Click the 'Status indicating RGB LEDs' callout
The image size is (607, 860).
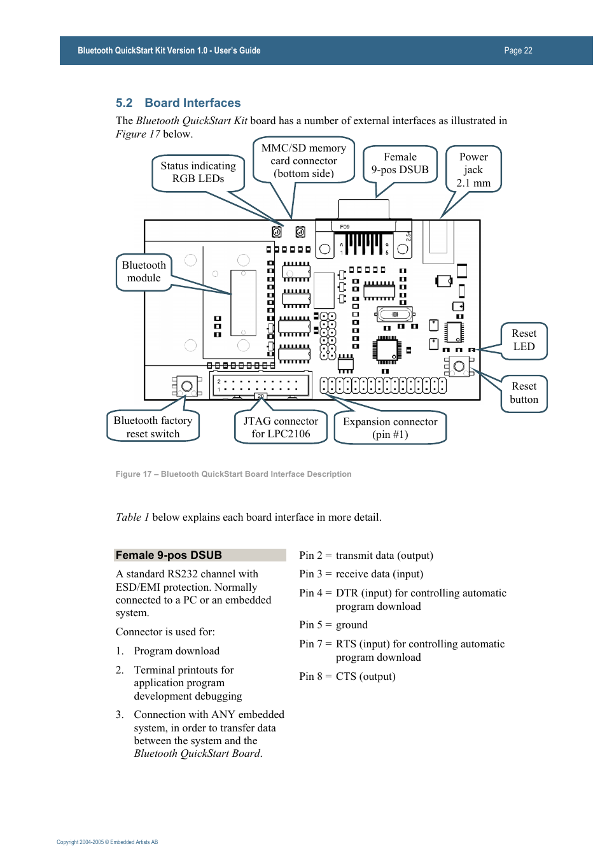(198, 173)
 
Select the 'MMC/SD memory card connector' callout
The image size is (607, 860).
(303, 160)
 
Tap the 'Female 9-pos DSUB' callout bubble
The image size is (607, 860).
(400, 164)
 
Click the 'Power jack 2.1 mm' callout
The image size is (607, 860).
(473, 169)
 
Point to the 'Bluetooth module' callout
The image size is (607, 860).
(144, 272)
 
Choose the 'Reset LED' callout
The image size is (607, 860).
(524, 340)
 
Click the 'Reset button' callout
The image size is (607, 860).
(524, 393)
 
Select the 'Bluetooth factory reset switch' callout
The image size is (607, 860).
(153, 426)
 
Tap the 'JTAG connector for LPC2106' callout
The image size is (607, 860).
(281, 427)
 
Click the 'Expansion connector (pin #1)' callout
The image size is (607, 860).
(390, 428)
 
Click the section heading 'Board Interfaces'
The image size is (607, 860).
(192, 103)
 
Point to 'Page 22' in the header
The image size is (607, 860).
(518, 51)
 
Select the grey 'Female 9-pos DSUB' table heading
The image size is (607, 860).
(200, 555)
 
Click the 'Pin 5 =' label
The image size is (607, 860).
(315, 625)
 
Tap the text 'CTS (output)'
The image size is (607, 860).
(365, 676)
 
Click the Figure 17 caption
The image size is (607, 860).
(233, 474)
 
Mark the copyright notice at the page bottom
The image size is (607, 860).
(107, 842)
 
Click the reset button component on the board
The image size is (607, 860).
(459, 367)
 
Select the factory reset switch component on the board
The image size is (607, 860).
(187, 386)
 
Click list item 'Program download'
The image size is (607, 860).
(176, 651)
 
